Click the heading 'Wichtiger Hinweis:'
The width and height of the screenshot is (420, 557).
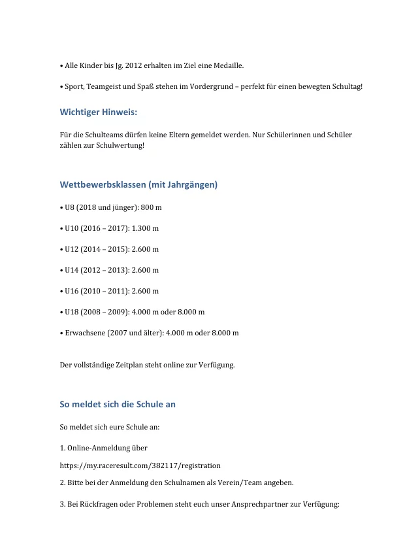pos(98,112)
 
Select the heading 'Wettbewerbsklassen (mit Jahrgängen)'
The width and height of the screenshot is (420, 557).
pos(138,185)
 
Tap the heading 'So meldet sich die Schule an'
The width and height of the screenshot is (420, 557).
pos(118,405)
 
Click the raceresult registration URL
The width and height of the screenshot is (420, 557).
pos(140,465)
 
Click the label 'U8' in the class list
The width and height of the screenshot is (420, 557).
pos(70,207)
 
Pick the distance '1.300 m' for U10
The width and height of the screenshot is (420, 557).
pos(146,228)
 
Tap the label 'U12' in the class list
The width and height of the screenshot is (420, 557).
pos(72,249)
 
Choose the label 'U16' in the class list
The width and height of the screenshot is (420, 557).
pos(72,291)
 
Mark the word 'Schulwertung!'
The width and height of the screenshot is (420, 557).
pos(121,145)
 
